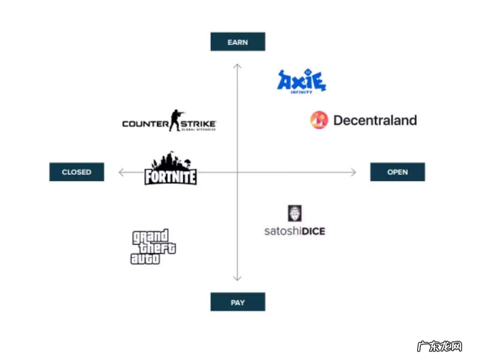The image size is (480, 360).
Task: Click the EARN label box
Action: tap(238, 42)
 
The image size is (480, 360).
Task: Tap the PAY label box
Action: tap(238, 302)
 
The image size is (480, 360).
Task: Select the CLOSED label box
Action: tap(76, 172)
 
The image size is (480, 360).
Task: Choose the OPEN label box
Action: tap(397, 172)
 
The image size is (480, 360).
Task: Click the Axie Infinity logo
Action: tap(301, 81)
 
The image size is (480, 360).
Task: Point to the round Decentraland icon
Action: tap(319, 120)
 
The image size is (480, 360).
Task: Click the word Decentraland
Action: tap(375, 120)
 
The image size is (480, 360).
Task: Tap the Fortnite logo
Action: tap(170, 169)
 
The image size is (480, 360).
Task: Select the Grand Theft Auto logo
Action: tap(152, 247)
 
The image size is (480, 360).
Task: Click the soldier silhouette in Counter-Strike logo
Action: tap(176, 120)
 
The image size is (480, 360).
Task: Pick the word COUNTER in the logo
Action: tap(145, 124)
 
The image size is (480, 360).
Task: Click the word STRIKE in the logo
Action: tap(198, 124)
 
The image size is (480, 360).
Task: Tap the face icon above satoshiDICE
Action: tap(294, 213)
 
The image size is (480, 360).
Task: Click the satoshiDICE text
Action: tap(294, 231)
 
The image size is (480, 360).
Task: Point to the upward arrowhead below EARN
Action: tap(237, 66)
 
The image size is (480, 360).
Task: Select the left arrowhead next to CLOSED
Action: tap(121, 172)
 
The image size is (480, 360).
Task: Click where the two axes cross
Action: tap(237, 172)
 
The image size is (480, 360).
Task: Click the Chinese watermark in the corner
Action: tap(439, 346)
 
